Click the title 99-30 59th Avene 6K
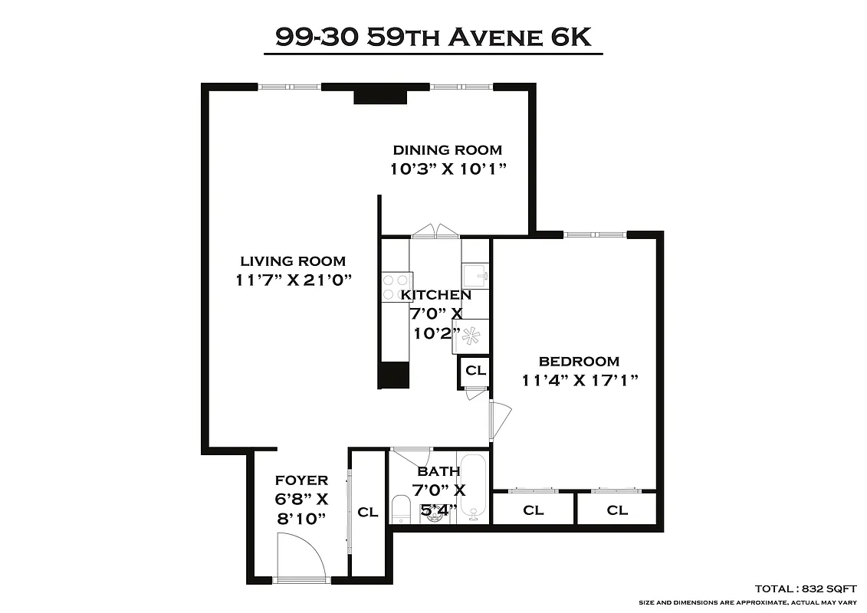[x=433, y=38]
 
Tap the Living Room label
[x=293, y=261]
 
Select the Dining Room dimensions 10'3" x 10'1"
[x=449, y=169]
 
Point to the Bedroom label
[x=579, y=362]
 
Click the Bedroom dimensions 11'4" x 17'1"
[x=580, y=379]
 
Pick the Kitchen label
[x=436, y=295]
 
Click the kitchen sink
[x=475, y=274]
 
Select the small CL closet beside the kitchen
[x=475, y=371]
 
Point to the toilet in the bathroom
[x=400, y=510]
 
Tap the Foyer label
[x=301, y=480]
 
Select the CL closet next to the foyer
[x=368, y=512]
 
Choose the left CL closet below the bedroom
[x=533, y=510]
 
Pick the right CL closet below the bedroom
[x=616, y=510]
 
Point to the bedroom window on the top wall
[x=595, y=234]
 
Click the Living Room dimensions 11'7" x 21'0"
[x=294, y=280]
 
